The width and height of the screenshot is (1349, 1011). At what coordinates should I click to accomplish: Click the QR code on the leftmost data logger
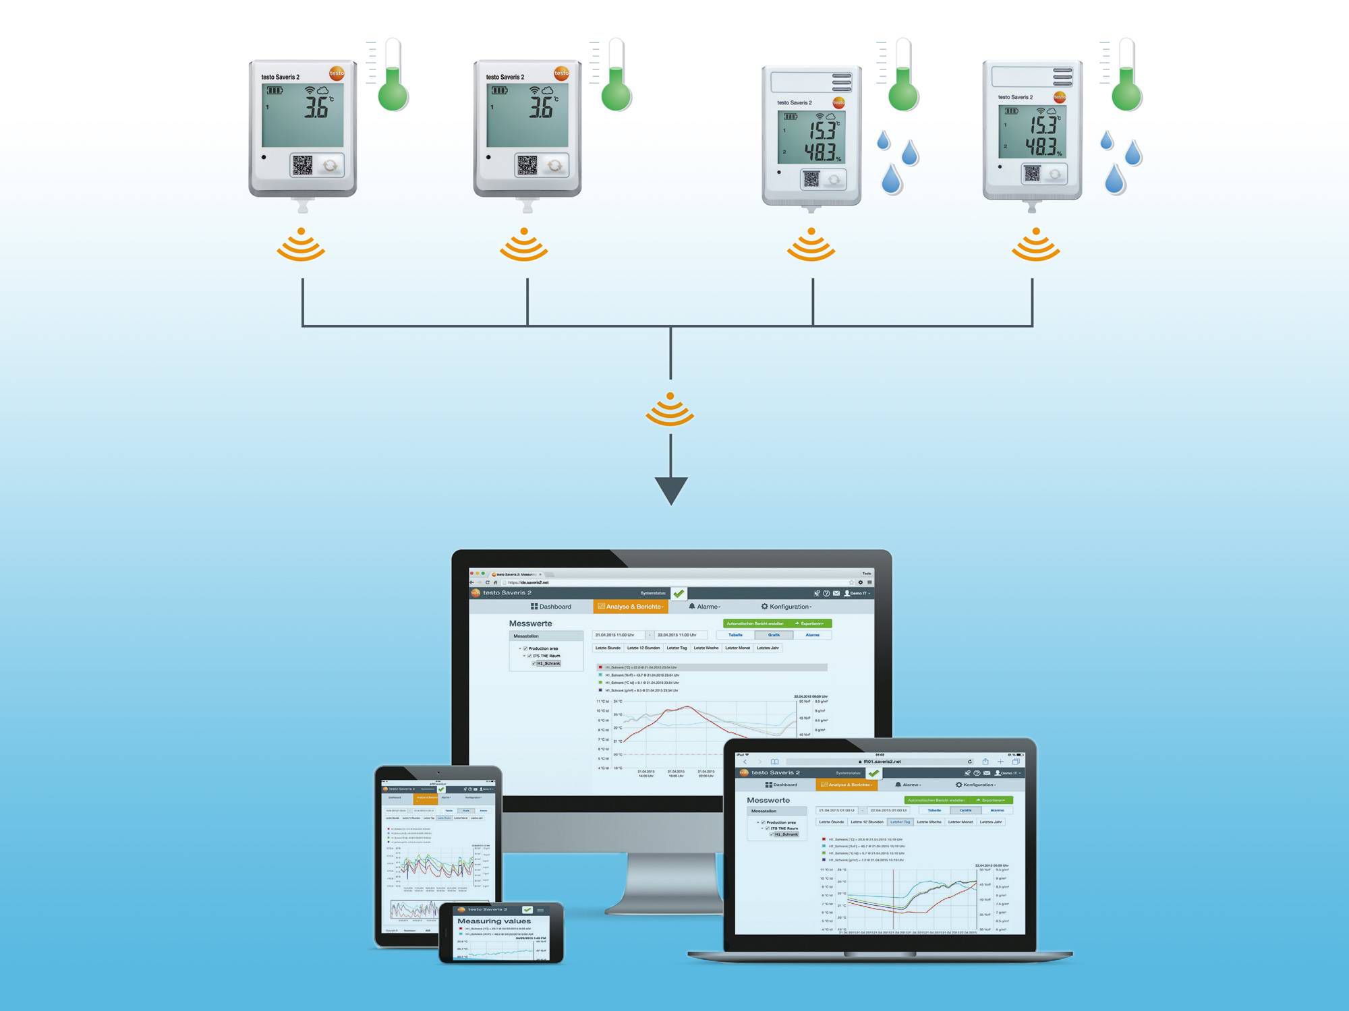302,165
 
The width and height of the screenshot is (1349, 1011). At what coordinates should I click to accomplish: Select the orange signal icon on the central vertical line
670,409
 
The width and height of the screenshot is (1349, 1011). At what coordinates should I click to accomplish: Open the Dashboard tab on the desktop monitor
551,607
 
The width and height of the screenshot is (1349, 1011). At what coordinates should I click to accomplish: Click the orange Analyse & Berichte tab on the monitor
631,607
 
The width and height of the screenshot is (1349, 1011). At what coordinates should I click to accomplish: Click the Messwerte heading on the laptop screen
768,800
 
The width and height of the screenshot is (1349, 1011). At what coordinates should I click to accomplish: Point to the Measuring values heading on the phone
494,921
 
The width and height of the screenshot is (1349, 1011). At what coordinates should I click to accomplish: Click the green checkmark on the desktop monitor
679,593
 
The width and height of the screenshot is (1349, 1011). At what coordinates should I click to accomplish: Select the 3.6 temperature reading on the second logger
541,108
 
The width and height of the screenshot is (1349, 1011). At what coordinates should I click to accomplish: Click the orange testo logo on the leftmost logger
337,73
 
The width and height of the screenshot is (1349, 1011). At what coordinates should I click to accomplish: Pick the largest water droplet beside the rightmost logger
1115,179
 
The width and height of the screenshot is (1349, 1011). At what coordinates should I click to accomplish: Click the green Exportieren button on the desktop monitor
811,623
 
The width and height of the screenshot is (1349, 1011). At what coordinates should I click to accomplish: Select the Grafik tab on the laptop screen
965,810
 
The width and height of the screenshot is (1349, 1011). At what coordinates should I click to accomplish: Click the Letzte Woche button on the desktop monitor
706,648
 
